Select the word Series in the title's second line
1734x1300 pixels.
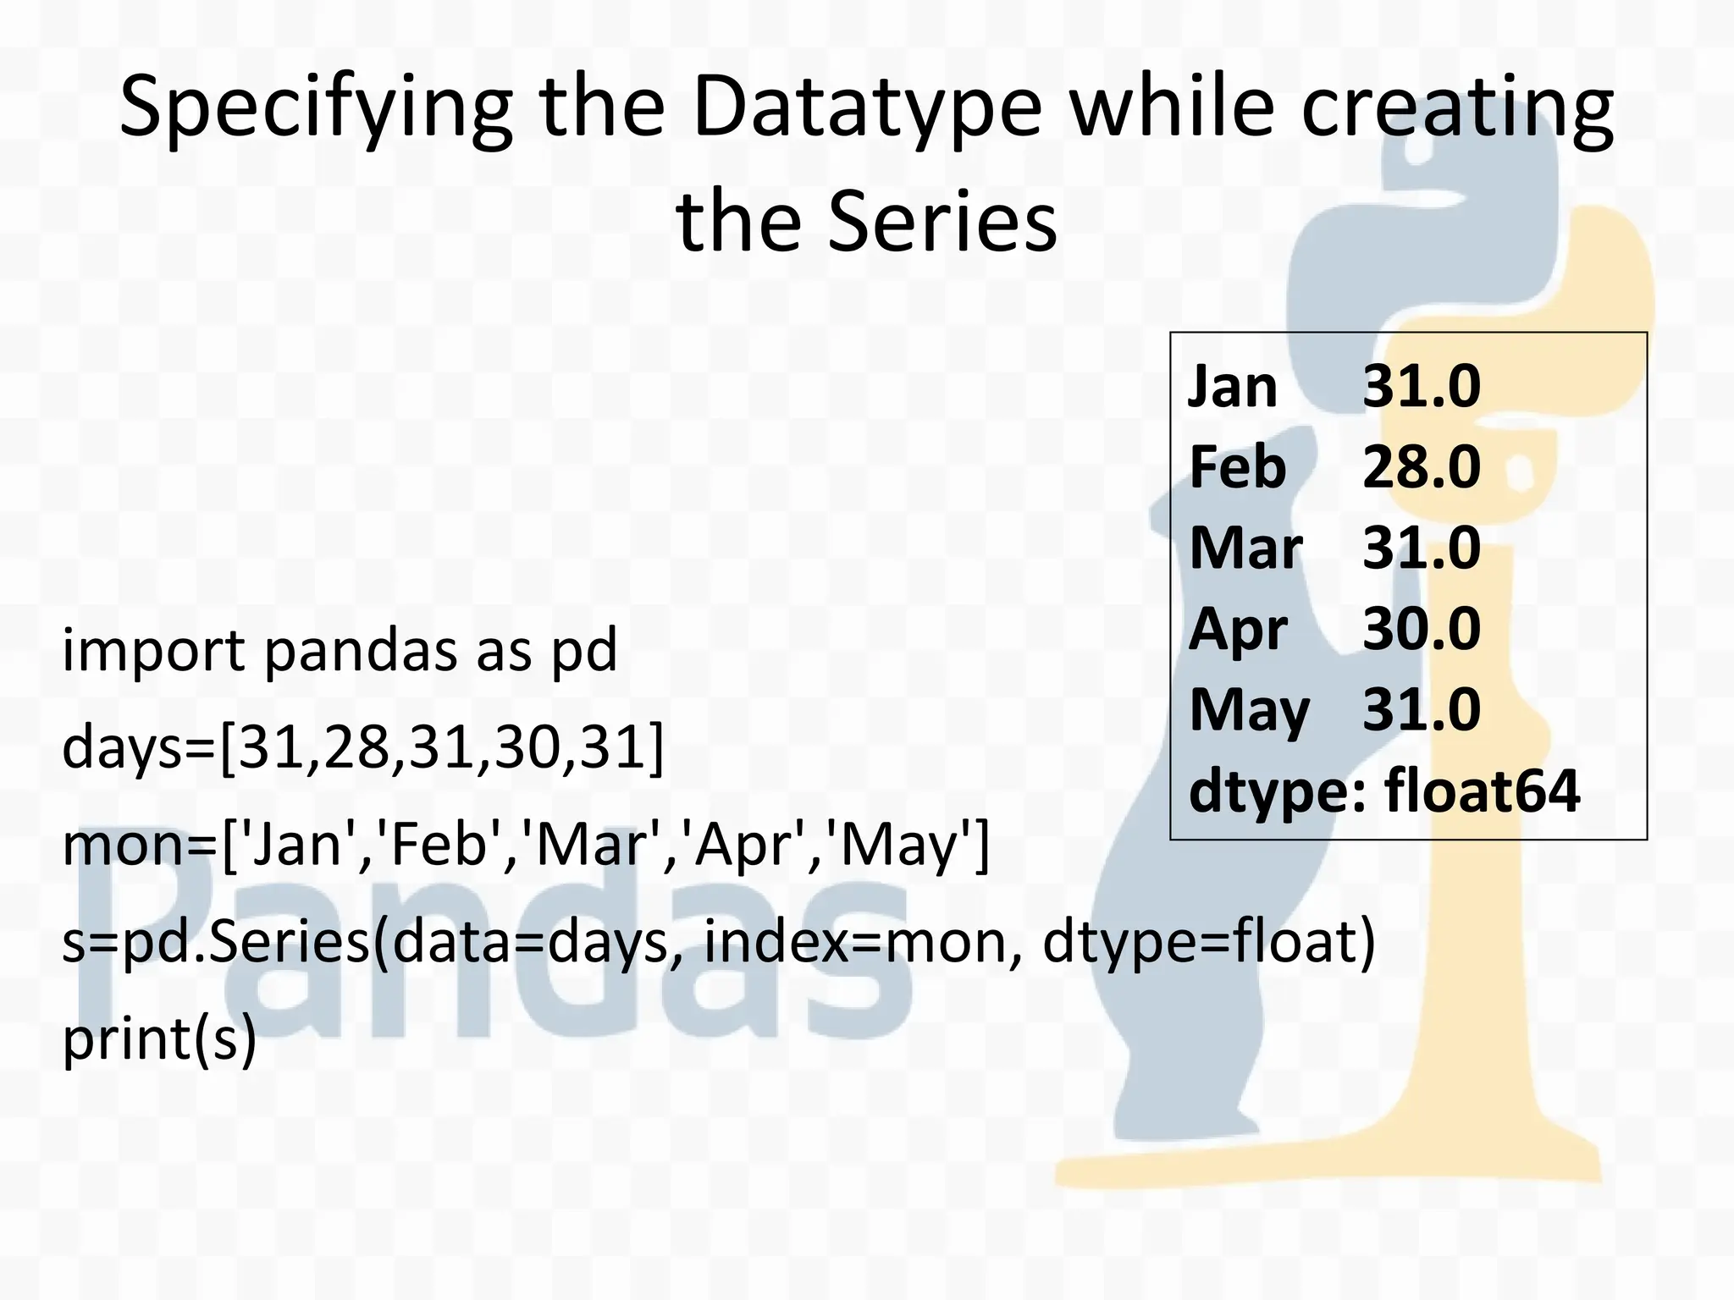click(x=942, y=222)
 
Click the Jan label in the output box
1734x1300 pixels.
click(x=1232, y=388)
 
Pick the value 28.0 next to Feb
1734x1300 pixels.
click(x=1422, y=467)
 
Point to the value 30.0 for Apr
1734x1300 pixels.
click(x=1422, y=629)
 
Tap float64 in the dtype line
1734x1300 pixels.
click(x=1482, y=791)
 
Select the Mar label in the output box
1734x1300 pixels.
click(x=1245, y=548)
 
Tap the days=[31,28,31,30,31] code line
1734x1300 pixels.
click(x=362, y=748)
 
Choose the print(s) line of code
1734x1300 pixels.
click(x=159, y=1039)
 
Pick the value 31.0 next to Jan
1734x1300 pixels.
click(x=1422, y=388)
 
